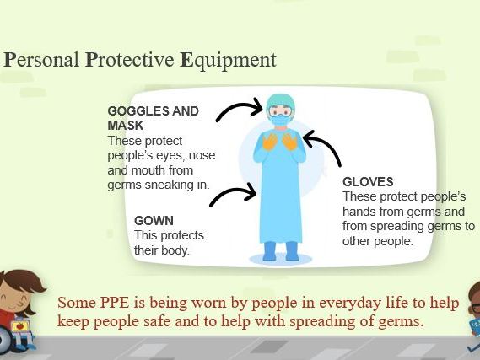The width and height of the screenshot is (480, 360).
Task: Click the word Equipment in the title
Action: coord(228,61)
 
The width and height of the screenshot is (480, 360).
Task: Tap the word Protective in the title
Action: coord(129,59)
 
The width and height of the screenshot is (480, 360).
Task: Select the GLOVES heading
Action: coord(368,182)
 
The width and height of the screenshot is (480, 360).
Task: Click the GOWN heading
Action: coord(154,221)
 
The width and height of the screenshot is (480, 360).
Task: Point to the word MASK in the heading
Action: coord(126,126)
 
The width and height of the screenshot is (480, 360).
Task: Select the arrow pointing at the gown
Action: coord(233,193)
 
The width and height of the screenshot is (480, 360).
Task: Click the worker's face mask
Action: coord(280,119)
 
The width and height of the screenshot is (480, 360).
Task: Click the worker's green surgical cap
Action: coord(280,101)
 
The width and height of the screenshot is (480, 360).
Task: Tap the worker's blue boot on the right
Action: coord(292,251)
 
